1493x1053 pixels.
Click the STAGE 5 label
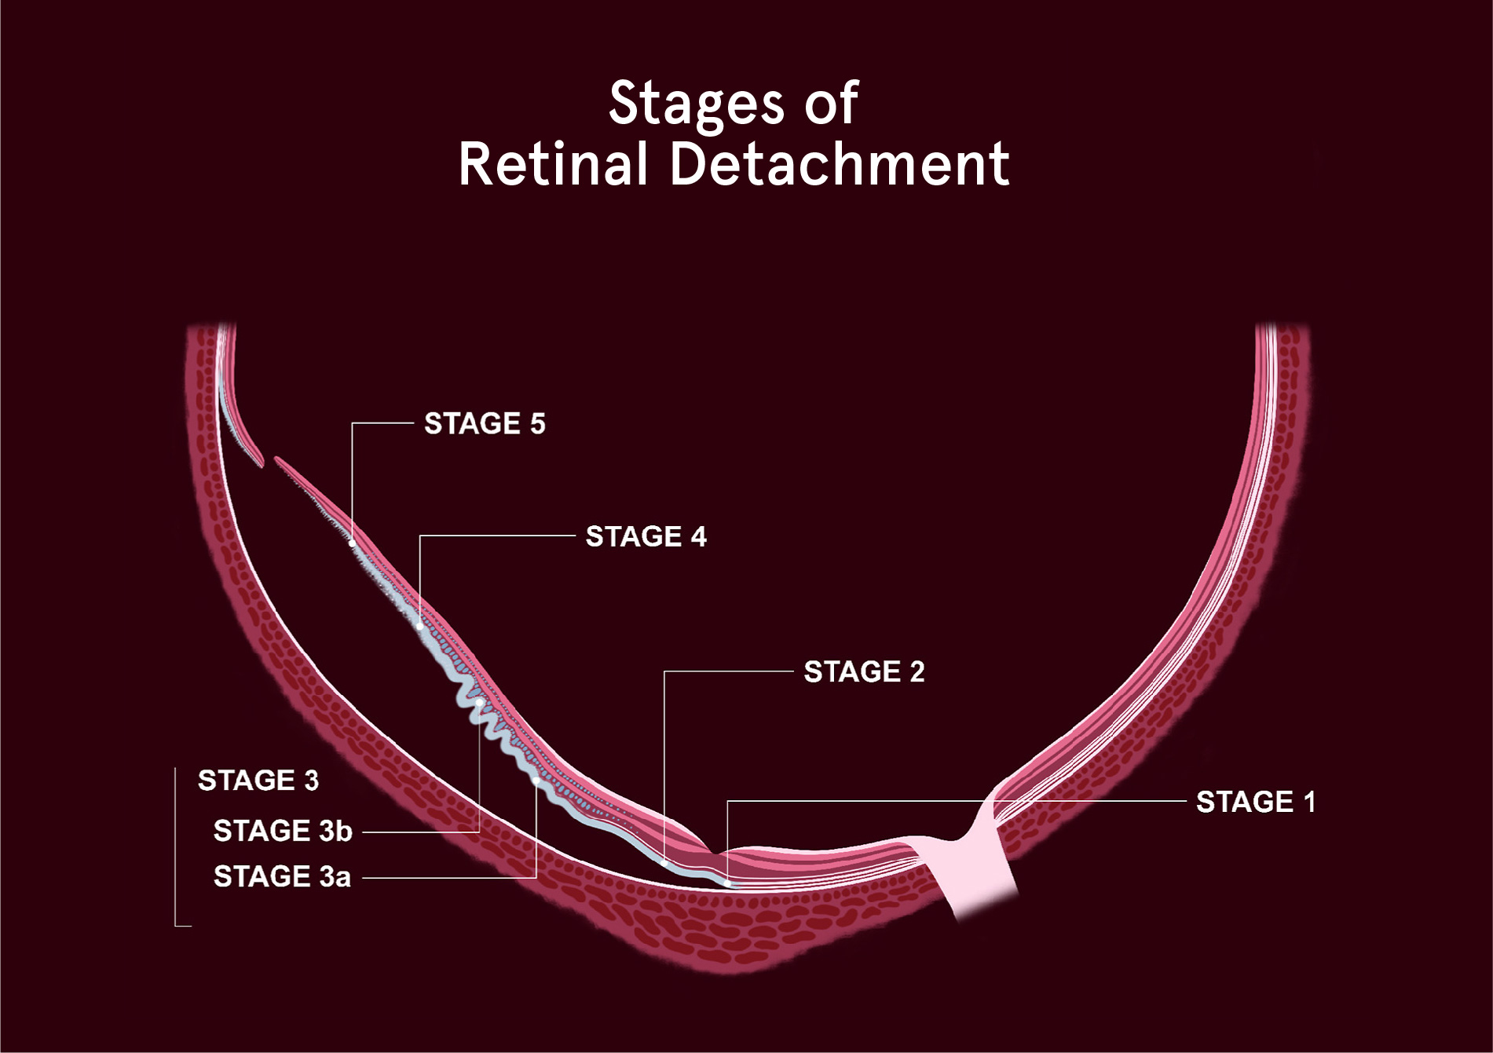pyautogui.click(x=485, y=424)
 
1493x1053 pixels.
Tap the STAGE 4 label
pyautogui.click(x=646, y=537)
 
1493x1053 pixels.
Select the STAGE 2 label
pyautogui.click(x=864, y=672)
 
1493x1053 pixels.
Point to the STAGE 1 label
pyautogui.click(x=1256, y=803)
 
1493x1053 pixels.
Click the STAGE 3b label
pyautogui.click(x=283, y=831)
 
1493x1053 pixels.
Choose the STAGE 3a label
pyautogui.click(x=282, y=876)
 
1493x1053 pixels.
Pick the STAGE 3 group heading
pyautogui.click(x=258, y=781)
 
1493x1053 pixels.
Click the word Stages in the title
pyautogui.click(x=697, y=104)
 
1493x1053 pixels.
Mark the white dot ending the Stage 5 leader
pyautogui.click(x=352, y=543)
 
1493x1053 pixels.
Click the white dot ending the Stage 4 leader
pyautogui.click(x=420, y=626)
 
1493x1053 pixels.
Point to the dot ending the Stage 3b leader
pyautogui.click(x=479, y=702)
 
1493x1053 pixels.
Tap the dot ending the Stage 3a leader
pyautogui.click(x=536, y=781)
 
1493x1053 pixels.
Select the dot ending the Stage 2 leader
pyautogui.click(x=664, y=863)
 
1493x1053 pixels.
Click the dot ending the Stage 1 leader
pyautogui.click(x=727, y=883)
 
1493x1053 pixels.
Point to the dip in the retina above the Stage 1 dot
pyautogui.click(x=713, y=850)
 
